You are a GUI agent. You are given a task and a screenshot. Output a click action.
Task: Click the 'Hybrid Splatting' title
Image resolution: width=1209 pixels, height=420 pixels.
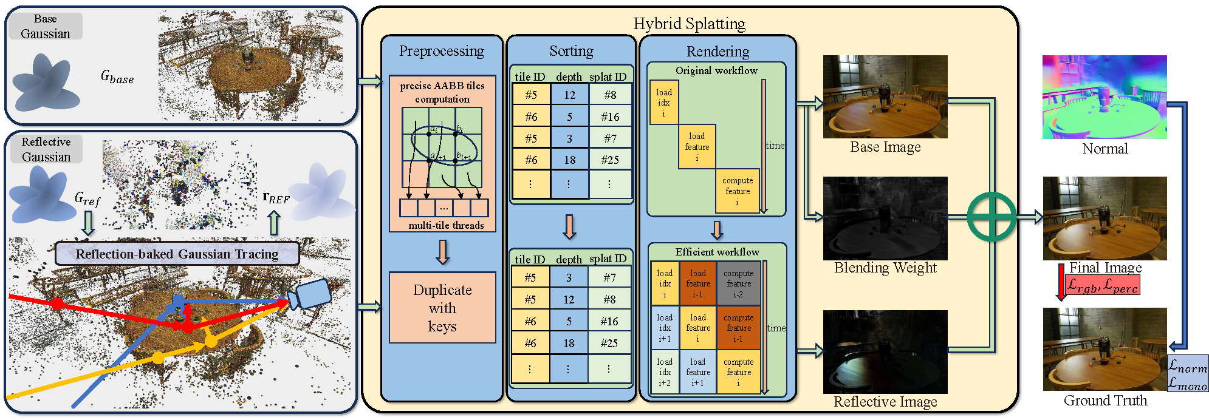click(x=689, y=24)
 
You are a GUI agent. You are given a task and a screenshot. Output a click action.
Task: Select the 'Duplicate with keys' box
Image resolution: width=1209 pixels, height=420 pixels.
click(x=442, y=308)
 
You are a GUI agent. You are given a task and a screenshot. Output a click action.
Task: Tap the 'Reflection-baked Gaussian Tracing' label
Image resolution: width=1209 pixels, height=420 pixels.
click(x=177, y=254)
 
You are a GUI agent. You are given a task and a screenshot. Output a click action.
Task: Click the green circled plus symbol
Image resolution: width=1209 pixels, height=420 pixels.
click(x=991, y=217)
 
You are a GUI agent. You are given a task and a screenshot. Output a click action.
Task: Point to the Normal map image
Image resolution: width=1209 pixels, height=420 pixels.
click(x=1104, y=97)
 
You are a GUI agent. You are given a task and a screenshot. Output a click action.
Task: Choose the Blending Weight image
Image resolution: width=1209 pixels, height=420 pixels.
click(x=885, y=218)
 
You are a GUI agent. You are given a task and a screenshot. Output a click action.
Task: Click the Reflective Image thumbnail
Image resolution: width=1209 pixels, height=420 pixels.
click(x=885, y=352)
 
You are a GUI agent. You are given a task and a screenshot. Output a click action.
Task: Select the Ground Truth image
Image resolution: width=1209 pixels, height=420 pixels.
click(x=1104, y=349)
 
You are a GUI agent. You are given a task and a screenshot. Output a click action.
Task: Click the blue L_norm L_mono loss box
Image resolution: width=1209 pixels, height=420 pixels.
click(x=1188, y=373)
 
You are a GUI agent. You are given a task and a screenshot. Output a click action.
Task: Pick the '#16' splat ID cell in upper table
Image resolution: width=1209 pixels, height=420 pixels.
click(x=610, y=117)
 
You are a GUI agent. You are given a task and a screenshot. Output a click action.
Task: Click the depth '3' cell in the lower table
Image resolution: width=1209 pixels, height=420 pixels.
click(x=569, y=277)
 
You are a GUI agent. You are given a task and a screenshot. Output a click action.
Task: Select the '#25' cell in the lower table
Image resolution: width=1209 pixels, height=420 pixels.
click(x=609, y=343)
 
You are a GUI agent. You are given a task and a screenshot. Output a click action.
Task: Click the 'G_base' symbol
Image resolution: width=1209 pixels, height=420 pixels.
click(x=117, y=77)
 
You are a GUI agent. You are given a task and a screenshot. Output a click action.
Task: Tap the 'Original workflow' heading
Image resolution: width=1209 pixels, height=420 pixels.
click(x=716, y=70)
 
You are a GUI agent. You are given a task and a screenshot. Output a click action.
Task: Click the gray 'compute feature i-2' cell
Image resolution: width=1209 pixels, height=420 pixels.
click(x=738, y=283)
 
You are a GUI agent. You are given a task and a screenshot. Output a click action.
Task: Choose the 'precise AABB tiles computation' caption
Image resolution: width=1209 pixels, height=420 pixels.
click(x=442, y=92)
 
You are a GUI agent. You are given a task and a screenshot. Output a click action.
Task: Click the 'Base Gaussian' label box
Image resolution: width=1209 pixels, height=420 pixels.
click(x=46, y=27)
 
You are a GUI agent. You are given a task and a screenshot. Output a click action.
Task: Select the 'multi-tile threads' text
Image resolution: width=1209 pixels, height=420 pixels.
click(x=446, y=225)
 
